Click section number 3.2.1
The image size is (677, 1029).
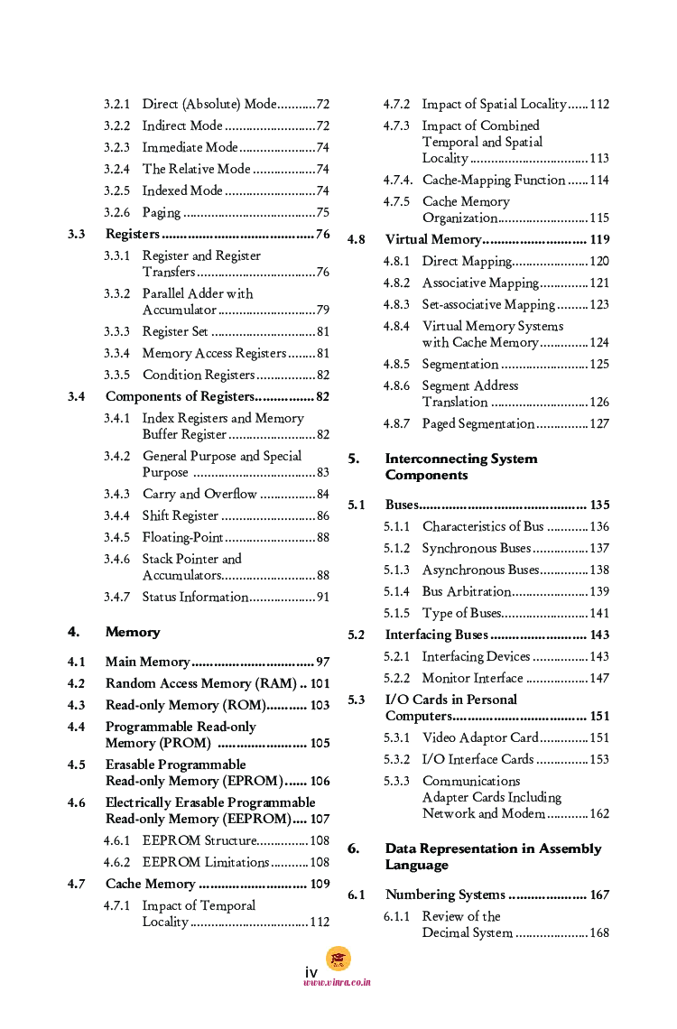coord(116,105)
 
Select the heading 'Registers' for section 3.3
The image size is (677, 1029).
coord(132,235)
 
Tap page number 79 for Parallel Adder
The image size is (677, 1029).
coord(322,311)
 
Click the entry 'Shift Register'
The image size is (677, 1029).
coord(181,516)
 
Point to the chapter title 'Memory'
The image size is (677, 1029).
coord(133,633)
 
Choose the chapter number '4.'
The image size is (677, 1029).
coord(74,633)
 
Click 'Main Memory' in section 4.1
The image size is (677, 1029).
coord(147,663)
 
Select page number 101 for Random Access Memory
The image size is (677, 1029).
coord(320,684)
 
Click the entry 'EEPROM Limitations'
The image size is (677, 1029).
coord(206,863)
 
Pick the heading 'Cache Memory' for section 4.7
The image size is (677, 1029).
coord(150,885)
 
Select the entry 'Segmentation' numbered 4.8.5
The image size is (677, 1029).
coord(460,365)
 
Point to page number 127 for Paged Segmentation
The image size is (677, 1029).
coord(599,424)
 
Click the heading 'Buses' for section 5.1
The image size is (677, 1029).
coord(401,505)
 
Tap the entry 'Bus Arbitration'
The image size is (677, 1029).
coord(466,592)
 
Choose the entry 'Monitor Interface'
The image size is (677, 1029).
coord(472,679)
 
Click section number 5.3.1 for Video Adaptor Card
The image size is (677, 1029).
coord(396,738)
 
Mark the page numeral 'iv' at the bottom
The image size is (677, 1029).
coord(311,972)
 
